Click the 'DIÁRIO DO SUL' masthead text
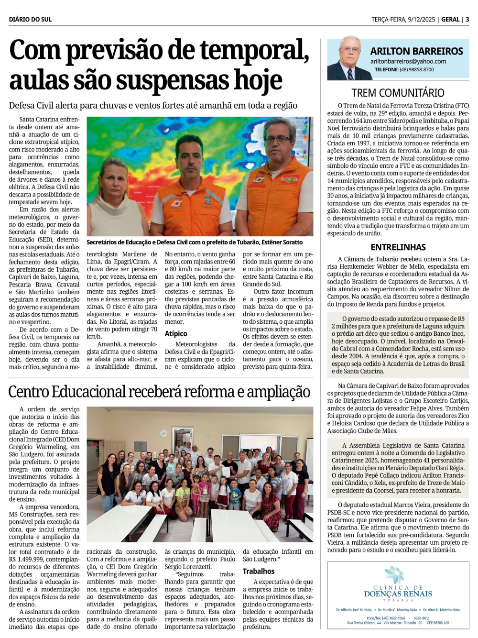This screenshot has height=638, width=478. pyautogui.click(x=30, y=20)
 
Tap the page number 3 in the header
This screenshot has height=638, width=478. pyautogui.click(x=467, y=20)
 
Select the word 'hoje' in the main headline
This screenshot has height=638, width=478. pyautogui.click(x=258, y=80)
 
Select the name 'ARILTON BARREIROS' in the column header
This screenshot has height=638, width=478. pyautogui.click(x=416, y=51)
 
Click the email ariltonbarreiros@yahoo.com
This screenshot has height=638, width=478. pyautogui.click(x=408, y=61)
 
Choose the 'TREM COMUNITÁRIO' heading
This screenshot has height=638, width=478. pyautogui.click(x=398, y=93)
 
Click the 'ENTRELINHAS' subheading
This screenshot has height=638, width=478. pyautogui.click(x=398, y=247)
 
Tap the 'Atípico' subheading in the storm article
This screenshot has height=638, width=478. pyautogui.click(x=176, y=334)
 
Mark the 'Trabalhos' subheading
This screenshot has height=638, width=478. pyautogui.click(x=259, y=571)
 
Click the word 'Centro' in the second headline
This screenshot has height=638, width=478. pyautogui.click(x=28, y=392)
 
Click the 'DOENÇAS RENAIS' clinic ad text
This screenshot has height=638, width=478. pyautogui.click(x=398, y=594)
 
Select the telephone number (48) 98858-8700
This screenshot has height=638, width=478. pyautogui.click(x=417, y=70)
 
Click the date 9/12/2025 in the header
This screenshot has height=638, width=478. pyautogui.click(x=421, y=20)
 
